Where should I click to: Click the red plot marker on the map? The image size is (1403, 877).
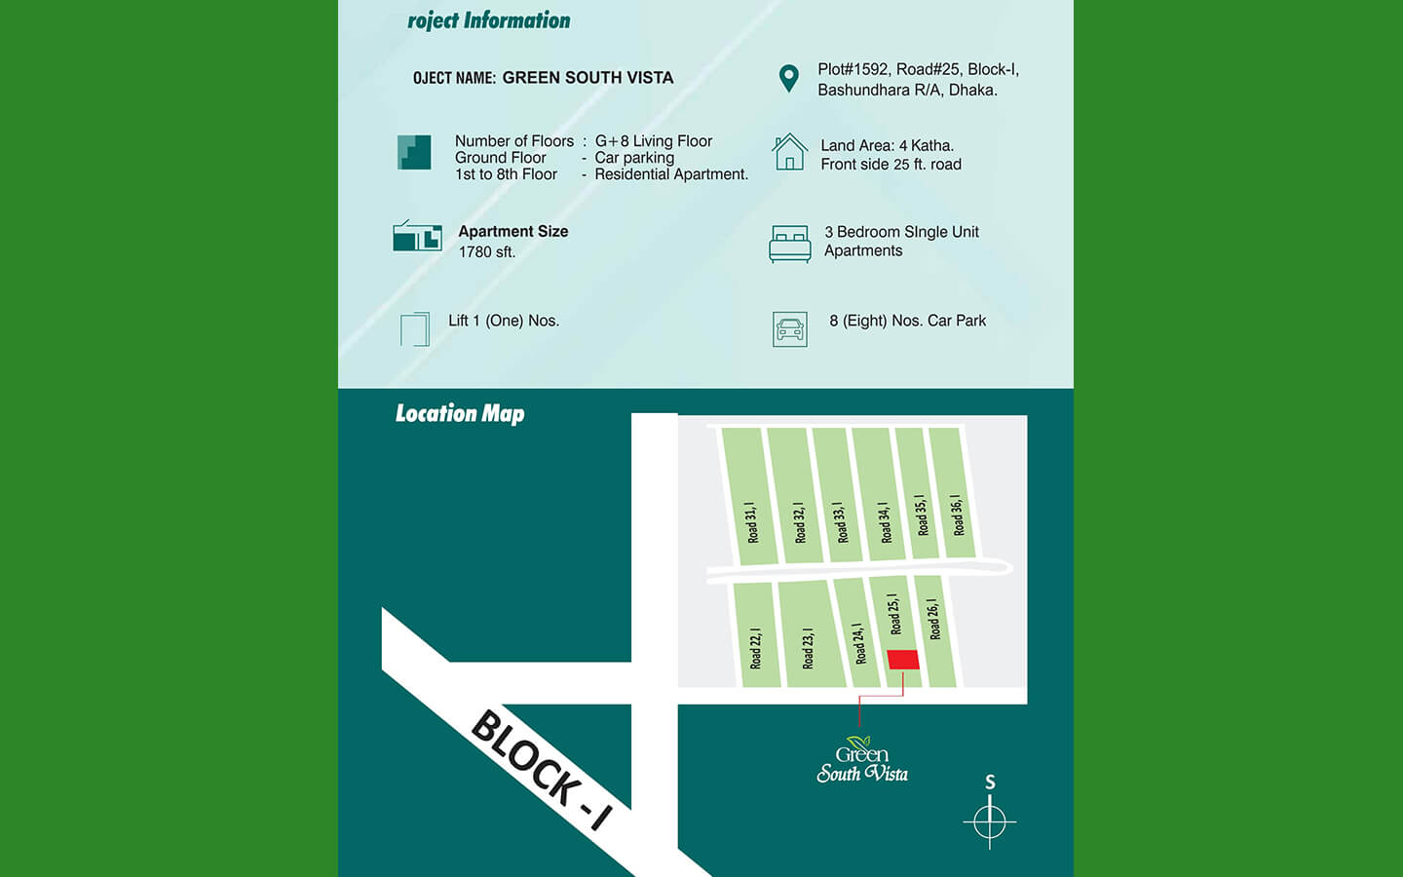[x=903, y=660]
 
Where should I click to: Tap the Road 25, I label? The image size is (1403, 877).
[x=892, y=614]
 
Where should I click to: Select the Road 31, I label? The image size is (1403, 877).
[x=751, y=522]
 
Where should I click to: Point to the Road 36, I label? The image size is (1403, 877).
[x=958, y=515]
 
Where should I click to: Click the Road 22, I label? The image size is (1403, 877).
[x=755, y=648]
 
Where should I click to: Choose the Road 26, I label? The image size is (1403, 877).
[x=933, y=619]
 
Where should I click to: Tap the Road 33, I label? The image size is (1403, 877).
[x=840, y=521]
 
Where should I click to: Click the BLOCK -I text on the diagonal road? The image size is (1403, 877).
[x=542, y=770]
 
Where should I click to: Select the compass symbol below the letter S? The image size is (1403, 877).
[x=990, y=821]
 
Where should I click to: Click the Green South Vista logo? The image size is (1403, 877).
[x=862, y=760]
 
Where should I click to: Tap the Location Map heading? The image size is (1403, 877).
[x=460, y=413]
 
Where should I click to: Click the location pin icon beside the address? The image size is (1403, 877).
[x=789, y=78]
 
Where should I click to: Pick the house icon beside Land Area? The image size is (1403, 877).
[x=789, y=153]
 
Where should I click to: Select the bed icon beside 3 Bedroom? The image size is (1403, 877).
[x=789, y=244]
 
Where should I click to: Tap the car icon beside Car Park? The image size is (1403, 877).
[x=790, y=329]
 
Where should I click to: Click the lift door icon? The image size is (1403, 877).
[x=415, y=329]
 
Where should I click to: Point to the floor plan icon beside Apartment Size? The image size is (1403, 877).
[x=417, y=236]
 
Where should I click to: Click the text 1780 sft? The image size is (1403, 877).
[x=487, y=252]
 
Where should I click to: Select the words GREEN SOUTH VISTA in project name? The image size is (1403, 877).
[x=588, y=78]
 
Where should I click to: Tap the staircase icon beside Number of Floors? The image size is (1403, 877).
[x=414, y=153]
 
